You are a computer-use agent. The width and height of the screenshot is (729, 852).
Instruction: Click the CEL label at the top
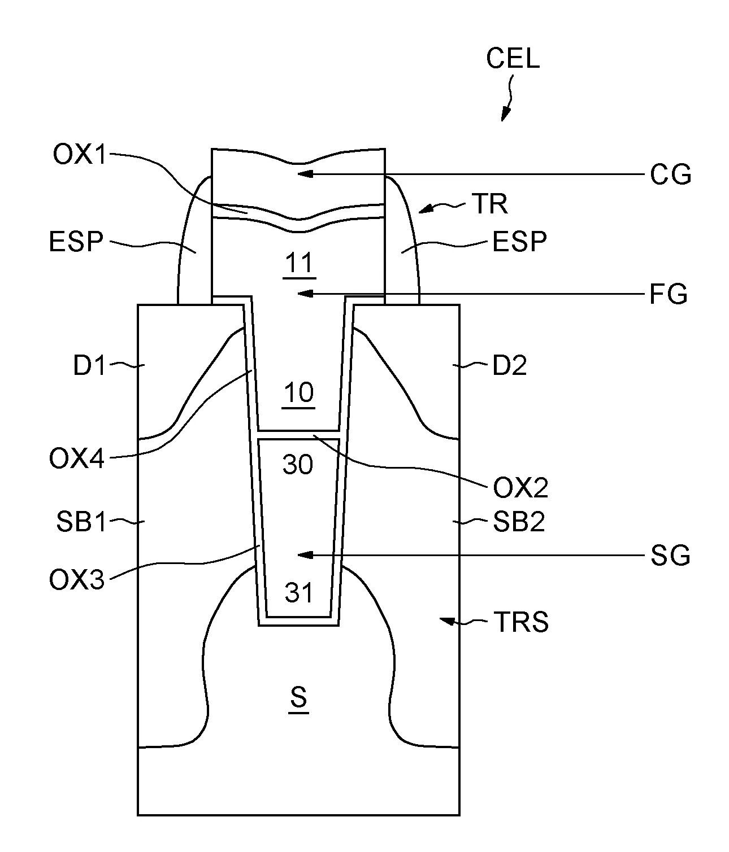coord(513,58)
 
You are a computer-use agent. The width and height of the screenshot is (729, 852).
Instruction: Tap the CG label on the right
coord(670,174)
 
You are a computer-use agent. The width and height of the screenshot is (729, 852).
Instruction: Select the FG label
coord(669,294)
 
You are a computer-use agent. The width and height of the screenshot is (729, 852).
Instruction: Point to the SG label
coord(670,555)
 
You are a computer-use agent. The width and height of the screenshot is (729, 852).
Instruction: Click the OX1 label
coord(79,155)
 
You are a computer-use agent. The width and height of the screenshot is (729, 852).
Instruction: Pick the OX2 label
coord(520,488)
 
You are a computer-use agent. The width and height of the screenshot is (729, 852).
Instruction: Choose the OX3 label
coord(76,580)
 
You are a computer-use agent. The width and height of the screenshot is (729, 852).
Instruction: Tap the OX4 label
coord(76,458)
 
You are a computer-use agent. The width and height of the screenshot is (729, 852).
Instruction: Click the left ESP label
coord(76,241)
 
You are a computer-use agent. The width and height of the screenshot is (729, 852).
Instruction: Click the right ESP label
coord(519,241)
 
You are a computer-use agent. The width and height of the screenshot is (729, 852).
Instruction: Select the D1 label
coord(89,365)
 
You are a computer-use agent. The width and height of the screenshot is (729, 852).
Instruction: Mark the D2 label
coord(510,365)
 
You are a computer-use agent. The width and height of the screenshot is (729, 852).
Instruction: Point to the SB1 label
coord(81,522)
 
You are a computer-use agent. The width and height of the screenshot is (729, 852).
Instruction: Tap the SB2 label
coord(519,522)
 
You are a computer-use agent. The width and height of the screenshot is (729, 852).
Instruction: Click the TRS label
coord(522,622)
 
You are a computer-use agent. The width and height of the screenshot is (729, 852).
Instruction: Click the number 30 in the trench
coord(298,465)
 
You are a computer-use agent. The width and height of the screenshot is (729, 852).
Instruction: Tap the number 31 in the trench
coord(299,593)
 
